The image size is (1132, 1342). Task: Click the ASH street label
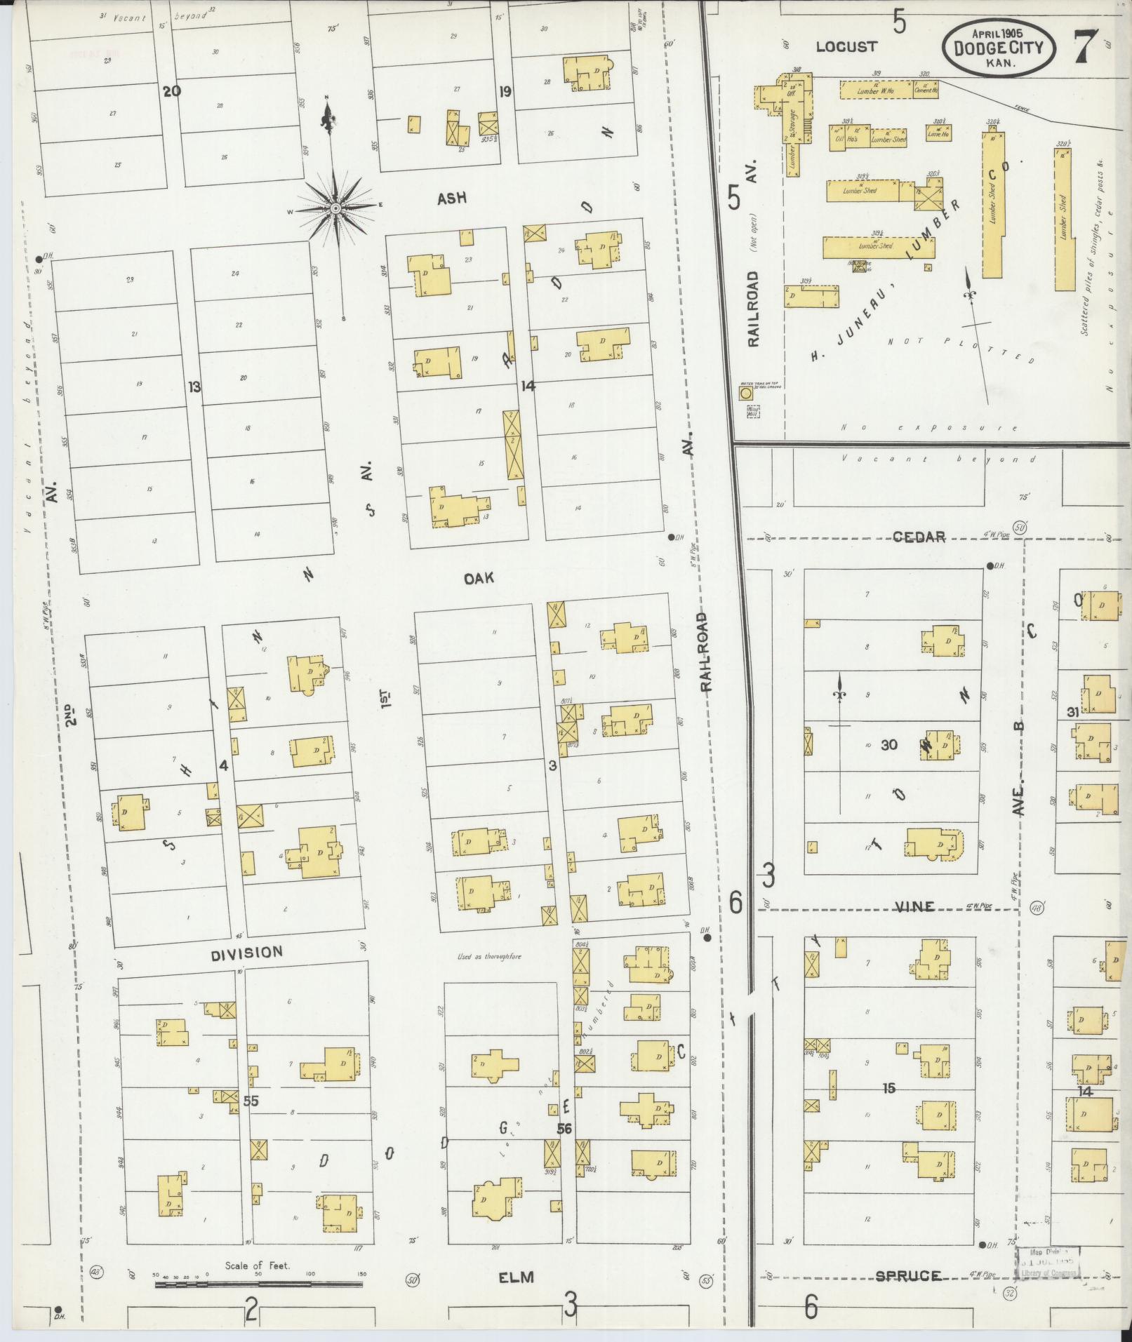coord(451,199)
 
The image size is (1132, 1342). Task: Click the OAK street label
coord(479,577)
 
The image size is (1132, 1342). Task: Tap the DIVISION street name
coord(248,952)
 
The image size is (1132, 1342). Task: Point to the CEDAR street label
coord(919,537)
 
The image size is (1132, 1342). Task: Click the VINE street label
coord(916,906)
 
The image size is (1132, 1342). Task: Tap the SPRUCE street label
coord(907,1275)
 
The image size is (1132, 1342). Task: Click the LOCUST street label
coord(846,47)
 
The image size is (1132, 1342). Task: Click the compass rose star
coord(335,209)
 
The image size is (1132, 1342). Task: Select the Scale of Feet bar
coord(258,1284)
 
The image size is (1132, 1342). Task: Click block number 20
coord(171,90)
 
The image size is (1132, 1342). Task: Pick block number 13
coord(194,387)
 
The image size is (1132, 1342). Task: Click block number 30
coord(889,744)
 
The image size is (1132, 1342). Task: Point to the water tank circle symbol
coord(747,394)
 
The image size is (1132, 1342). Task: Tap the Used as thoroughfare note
coord(488,956)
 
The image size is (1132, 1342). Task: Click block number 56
coord(564,1148)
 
